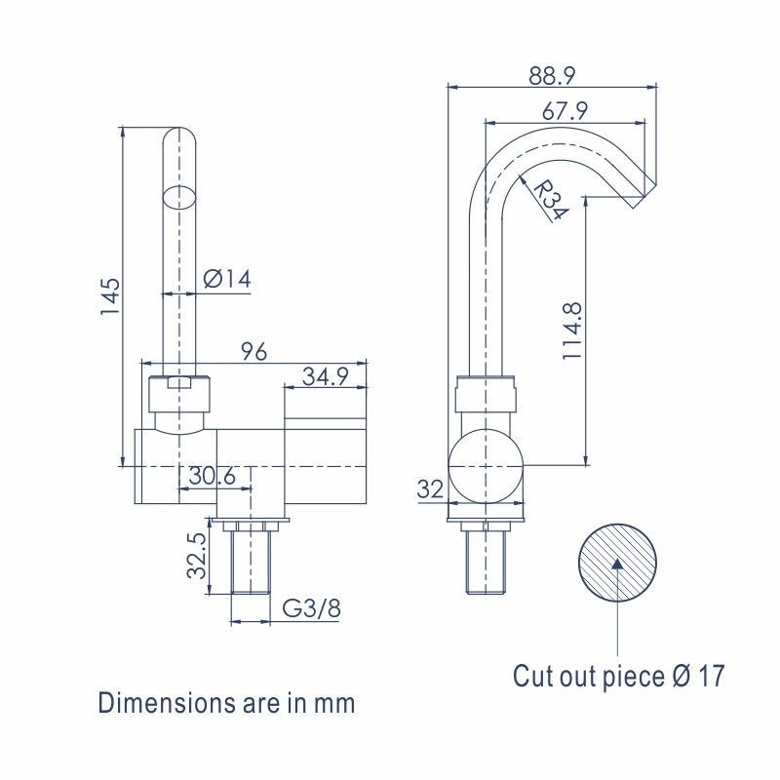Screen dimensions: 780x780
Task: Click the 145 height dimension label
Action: [x=110, y=296]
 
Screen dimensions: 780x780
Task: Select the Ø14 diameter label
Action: [x=227, y=279]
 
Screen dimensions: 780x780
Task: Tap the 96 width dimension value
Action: [x=253, y=353]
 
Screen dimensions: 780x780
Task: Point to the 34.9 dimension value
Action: [x=325, y=376]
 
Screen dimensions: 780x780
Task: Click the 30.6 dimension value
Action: [x=213, y=477]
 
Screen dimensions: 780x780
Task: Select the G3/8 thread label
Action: [x=312, y=609]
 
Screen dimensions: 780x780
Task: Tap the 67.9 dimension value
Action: [x=565, y=111]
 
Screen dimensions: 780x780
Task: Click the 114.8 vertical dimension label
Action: [x=572, y=331]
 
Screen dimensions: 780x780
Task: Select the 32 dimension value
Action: [x=430, y=489]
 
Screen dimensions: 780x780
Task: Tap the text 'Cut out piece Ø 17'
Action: [x=619, y=676]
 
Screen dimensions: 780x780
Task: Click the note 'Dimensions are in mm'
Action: [x=226, y=702]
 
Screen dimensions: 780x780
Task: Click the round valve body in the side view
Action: [x=486, y=465]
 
